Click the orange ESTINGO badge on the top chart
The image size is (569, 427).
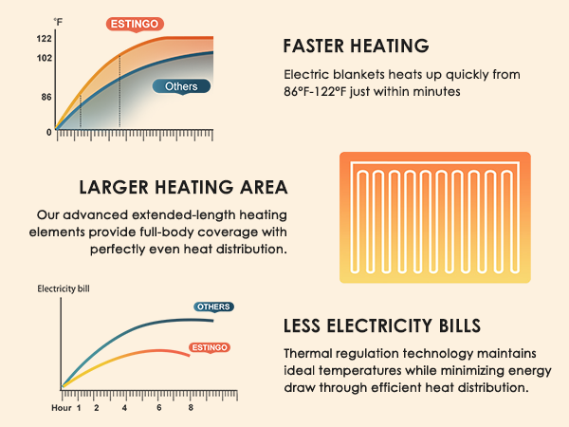[135, 22]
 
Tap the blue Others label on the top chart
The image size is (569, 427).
[181, 86]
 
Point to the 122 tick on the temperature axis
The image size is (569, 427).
[45, 39]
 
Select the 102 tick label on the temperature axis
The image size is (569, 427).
[45, 58]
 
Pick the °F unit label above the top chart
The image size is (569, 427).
[58, 21]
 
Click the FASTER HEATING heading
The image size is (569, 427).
[357, 46]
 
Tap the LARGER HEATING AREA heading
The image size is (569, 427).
[184, 187]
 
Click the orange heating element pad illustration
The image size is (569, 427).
[435, 216]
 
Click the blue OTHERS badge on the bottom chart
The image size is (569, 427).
[213, 306]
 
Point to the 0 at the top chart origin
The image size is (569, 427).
[49, 132]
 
